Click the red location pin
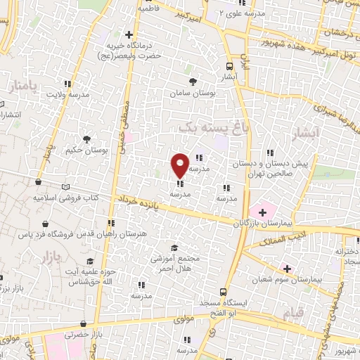click(x=180, y=165)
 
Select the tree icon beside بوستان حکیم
click(x=86, y=139)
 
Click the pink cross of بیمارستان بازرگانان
click(x=262, y=212)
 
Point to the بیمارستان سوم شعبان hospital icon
click(x=287, y=268)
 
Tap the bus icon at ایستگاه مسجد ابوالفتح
click(x=224, y=292)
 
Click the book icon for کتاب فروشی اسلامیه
click(x=66, y=187)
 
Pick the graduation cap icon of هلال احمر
click(x=174, y=247)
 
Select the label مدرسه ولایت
click(x=68, y=94)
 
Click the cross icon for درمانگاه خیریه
click(x=128, y=33)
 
